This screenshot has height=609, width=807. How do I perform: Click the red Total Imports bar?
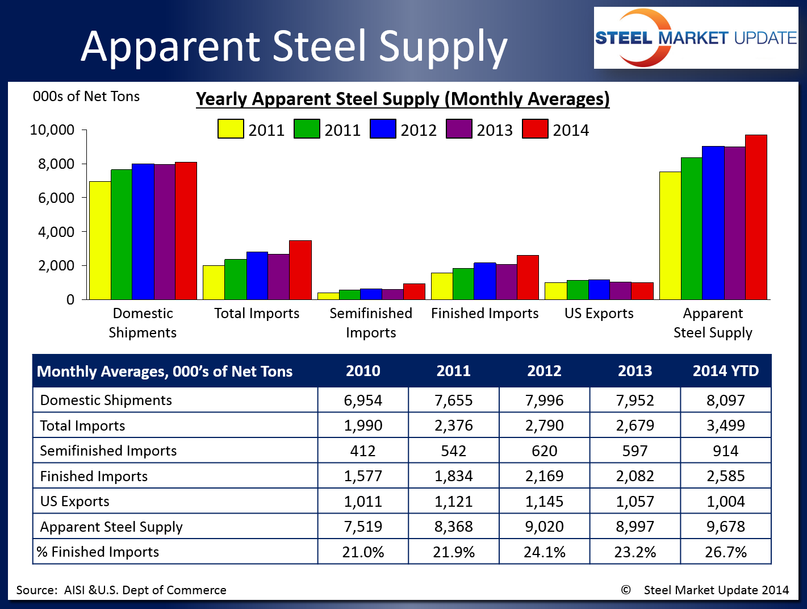300,270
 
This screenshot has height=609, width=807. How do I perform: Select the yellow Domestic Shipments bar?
100,240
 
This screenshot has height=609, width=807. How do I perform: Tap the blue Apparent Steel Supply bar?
713,223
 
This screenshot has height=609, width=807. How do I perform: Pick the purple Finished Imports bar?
507,282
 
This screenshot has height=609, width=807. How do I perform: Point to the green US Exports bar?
578,290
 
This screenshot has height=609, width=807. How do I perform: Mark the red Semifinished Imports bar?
414,291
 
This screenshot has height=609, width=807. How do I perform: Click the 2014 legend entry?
556,130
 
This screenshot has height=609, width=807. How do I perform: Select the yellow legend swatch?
231,130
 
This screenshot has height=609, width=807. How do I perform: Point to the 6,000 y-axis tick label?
56,198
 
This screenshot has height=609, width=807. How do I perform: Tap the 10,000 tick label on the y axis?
52,130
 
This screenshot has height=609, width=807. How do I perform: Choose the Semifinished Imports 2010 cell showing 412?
363,451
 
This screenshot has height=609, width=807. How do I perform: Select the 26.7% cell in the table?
726,552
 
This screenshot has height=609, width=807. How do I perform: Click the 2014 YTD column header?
726,371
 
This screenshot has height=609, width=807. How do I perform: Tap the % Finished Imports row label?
98,552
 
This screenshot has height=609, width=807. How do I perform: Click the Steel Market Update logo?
696,38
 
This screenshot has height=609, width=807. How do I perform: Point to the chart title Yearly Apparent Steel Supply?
403,99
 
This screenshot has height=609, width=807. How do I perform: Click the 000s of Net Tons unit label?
86,97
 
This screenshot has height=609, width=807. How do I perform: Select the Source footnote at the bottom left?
121,590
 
